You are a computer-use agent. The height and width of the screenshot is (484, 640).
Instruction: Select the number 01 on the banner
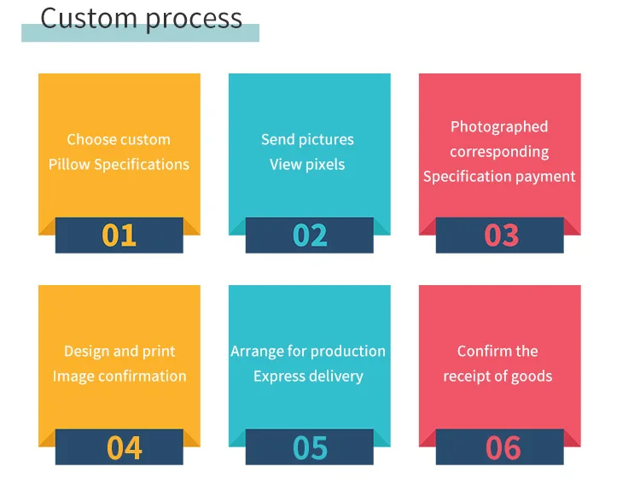tap(119, 235)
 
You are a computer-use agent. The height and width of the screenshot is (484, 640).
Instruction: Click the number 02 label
tap(310, 235)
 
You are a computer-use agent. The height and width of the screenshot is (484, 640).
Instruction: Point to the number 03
tap(501, 235)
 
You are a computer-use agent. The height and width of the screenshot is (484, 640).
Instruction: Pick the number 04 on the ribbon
tap(124, 447)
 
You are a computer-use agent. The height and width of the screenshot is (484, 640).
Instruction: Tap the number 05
tap(310, 447)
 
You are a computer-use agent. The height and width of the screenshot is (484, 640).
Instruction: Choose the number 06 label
tap(503, 447)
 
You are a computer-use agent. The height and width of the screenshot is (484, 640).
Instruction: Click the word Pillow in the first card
tap(69, 164)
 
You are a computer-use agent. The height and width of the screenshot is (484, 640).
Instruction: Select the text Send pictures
tap(307, 139)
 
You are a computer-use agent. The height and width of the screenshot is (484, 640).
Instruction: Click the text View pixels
tap(307, 164)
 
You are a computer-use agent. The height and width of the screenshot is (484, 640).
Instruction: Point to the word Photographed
tap(499, 126)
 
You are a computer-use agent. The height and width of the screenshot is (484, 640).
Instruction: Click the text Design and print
tap(119, 351)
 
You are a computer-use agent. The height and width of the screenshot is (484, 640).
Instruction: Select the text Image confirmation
tap(119, 376)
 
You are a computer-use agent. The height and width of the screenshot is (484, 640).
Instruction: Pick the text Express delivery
tap(308, 376)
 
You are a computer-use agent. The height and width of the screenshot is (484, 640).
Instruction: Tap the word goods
tap(531, 376)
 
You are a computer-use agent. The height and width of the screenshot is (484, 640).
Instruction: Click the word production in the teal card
tap(347, 351)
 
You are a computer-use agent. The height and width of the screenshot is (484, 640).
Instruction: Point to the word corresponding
tap(499, 152)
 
